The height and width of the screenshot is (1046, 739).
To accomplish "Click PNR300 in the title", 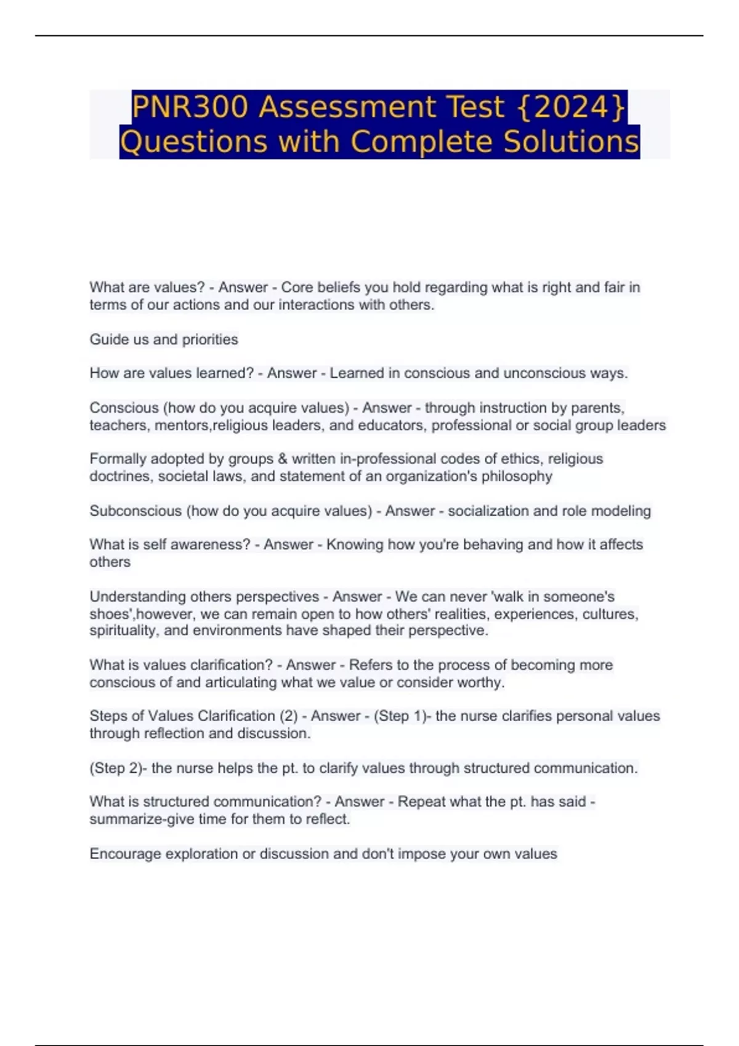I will pos(190,107).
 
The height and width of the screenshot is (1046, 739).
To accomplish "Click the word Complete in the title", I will pos(424,142).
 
